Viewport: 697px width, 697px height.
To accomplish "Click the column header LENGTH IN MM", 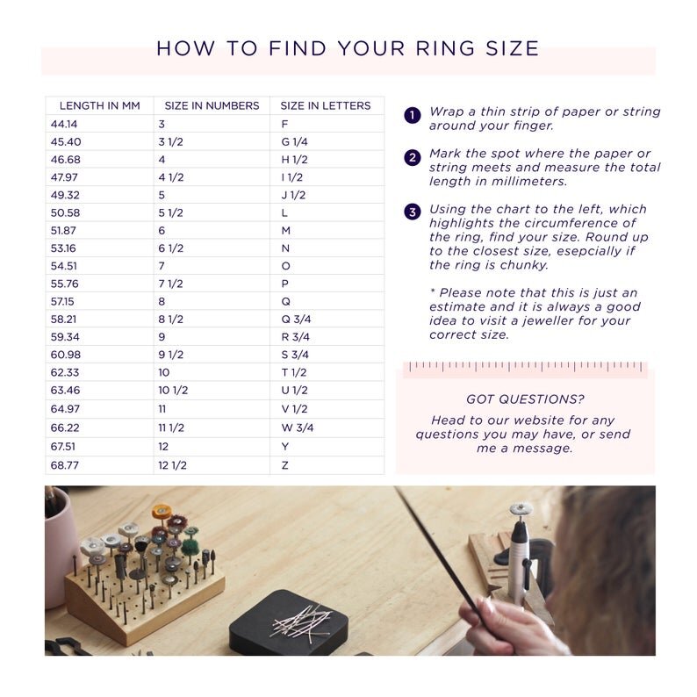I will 99,105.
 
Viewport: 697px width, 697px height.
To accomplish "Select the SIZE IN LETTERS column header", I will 325,105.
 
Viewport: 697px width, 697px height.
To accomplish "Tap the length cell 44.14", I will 65,125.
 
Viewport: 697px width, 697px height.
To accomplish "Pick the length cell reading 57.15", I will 64,301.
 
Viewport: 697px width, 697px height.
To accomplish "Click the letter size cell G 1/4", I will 295,142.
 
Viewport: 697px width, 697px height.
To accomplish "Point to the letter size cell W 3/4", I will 297,428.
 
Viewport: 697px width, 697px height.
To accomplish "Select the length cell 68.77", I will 65,465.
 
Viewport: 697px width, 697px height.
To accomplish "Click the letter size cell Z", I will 284,465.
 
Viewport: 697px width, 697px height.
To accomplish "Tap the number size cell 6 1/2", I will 170,248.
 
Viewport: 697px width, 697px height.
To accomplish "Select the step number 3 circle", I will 412,212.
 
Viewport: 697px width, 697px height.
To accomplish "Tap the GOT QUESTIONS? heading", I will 525,399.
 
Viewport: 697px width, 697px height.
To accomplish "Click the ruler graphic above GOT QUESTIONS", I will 526,367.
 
